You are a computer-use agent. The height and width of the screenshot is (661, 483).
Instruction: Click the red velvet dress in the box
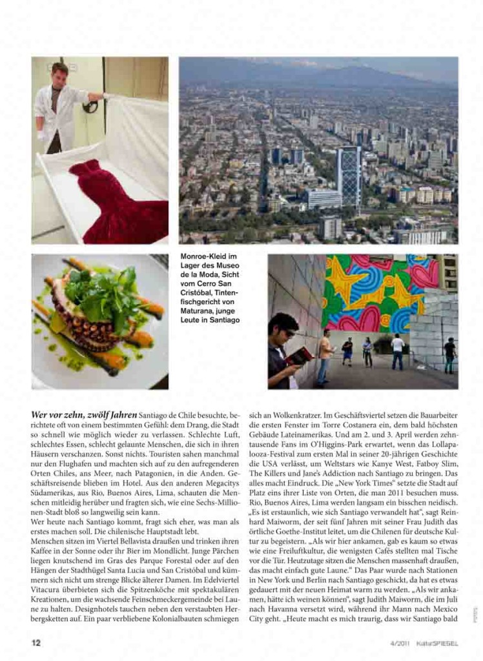pyautogui.click(x=116, y=200)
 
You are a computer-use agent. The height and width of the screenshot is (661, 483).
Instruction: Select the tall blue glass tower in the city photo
pyautogui.click(x=349, y=174)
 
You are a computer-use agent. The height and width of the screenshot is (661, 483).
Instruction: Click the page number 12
pyautogui.click(x=37, y=643)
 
